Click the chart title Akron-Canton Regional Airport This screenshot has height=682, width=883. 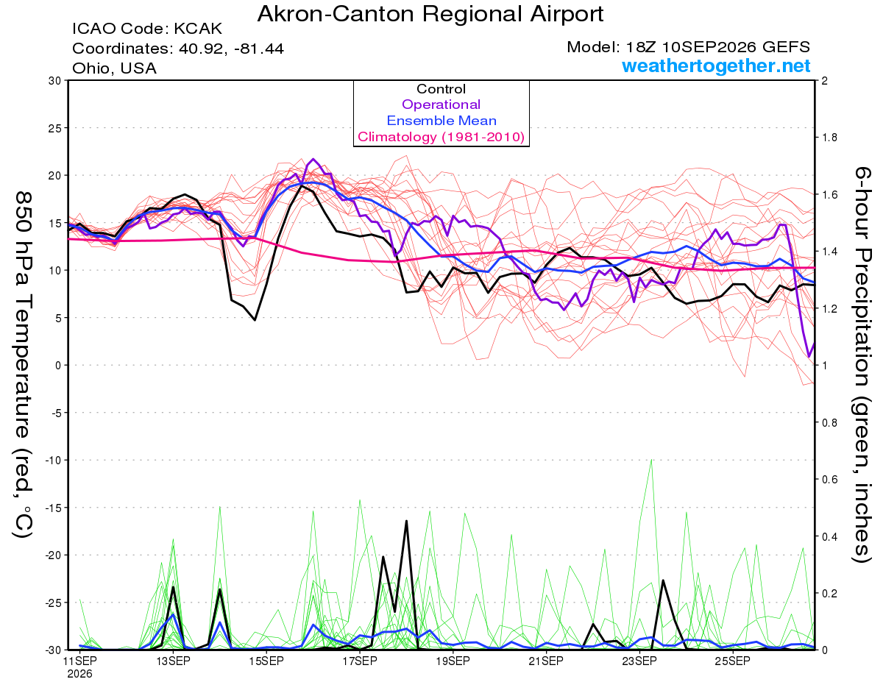pyautogui.click(x=430, y=15)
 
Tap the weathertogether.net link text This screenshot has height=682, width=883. pyautogui.click(x=716, y=65)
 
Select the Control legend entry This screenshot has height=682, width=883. pyautogui.click(x=441, y=89)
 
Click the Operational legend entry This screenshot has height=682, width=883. pyautogui.click(x=441, y=104)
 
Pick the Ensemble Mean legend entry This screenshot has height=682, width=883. pyautogui.click(x=441, y=121)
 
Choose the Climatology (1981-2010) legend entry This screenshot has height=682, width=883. pyautogui.click(x=441, y=137)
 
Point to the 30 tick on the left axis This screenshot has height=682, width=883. pyautogui.click(x=54, y=81)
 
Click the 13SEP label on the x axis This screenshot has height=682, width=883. pyautogui.click(x=174, y=661)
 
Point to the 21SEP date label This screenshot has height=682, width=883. pyautogui.click(x=546, y=661)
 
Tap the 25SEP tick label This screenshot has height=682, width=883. pyautogui.click(x=732, y=661)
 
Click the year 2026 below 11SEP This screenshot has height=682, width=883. pyautogui.click(x=79, y=675)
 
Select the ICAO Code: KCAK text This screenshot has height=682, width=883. pyautogui.click(x=147, y=29)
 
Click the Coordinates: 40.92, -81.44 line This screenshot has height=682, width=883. pyautogui.click(x=178, y=49)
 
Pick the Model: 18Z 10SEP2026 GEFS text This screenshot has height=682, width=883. pyautogui.click(x=688, y=47)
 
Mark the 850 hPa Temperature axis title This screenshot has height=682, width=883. pyautogui.click(x=23, y=365)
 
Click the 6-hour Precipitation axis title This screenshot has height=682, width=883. pyautogui.click(x=862, y=365)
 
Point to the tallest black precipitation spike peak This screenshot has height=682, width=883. pyautogui.click(x=406, y=521)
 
